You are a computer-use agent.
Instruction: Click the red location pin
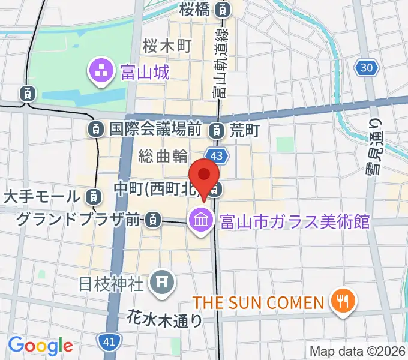205,175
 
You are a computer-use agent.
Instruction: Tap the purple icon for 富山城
100,73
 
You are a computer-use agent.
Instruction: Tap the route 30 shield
367,68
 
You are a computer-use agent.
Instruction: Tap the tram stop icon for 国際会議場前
95,128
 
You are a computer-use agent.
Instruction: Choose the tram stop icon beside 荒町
217,129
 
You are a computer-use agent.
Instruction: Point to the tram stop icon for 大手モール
92,196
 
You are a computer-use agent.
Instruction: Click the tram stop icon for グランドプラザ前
154,220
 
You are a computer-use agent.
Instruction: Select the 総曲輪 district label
163,156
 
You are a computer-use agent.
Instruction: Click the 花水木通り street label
165,319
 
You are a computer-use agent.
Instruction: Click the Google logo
40,345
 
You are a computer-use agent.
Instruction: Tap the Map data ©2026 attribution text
356,350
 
